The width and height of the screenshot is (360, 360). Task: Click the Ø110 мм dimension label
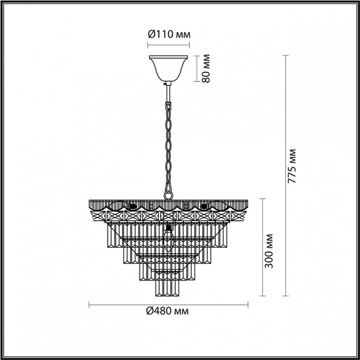[168, 35]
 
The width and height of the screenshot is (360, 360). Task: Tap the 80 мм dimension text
[206, 68]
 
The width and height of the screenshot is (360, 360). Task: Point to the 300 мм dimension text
[269, 251]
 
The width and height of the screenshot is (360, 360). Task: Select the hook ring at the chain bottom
[168, 195]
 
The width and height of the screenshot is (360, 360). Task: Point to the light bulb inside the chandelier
[168, 238]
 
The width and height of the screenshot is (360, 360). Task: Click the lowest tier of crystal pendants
[167, 288]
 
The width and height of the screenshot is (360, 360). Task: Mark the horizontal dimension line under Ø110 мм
[168, 45]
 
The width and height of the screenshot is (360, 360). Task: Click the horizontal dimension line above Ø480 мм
[168, 305]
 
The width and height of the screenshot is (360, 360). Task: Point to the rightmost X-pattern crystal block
[238, 216]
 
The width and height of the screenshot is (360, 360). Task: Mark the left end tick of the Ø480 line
[89, 305]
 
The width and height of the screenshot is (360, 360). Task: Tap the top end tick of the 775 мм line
[286, 55]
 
